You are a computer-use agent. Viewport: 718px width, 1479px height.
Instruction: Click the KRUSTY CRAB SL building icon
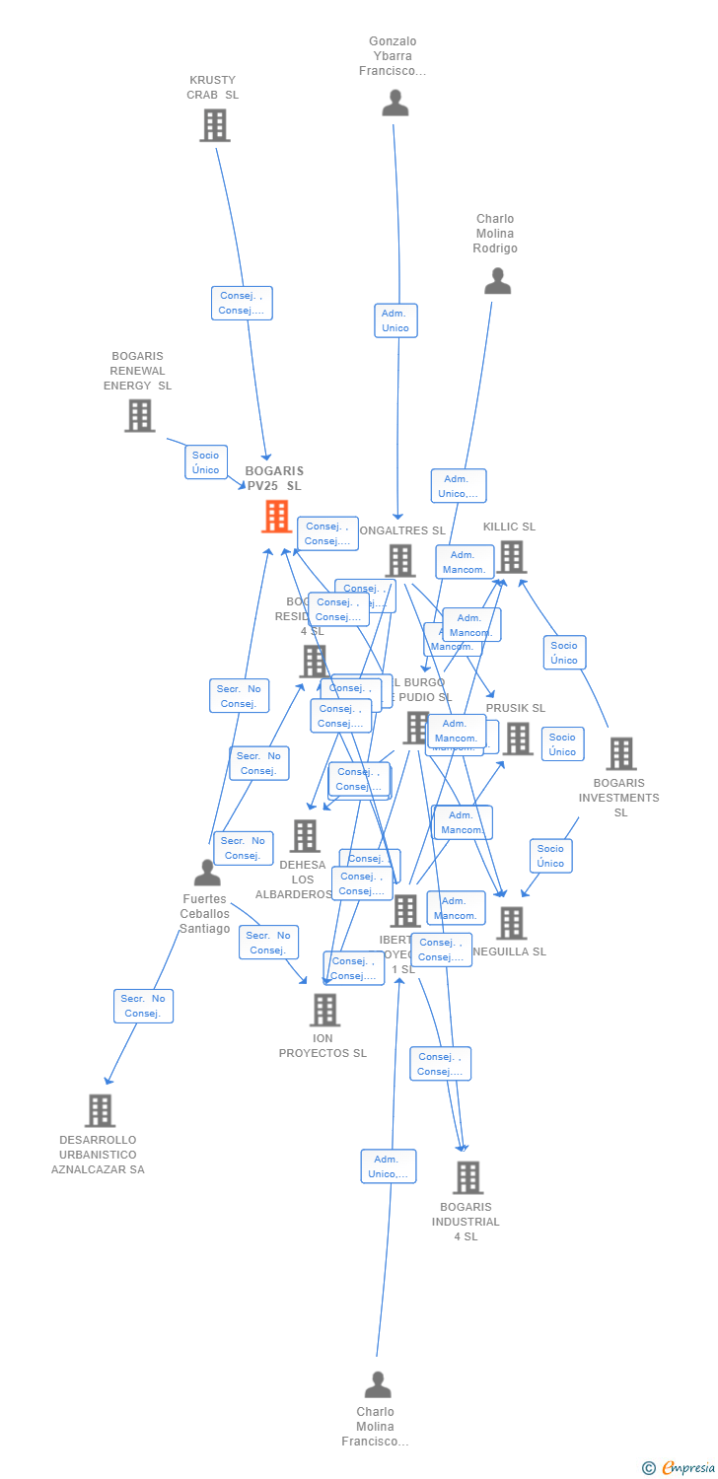(214, 125)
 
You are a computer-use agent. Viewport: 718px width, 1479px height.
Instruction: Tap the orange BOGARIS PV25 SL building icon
(276, 516)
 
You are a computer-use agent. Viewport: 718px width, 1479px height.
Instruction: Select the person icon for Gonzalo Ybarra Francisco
(395, 103)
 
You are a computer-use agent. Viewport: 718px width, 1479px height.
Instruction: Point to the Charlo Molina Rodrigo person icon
(497, 281)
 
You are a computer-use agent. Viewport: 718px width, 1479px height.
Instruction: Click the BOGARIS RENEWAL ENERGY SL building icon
(139, 415)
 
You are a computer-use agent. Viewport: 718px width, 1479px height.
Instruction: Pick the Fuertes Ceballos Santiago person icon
(207, 873)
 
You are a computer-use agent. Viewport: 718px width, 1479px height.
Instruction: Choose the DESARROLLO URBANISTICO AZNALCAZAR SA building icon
(99, 1110)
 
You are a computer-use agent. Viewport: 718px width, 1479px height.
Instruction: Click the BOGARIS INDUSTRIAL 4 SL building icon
(467, 1176)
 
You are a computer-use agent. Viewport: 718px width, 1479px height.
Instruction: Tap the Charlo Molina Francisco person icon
(377, 1384)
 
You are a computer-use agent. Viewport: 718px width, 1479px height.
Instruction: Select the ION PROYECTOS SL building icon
(324, 1010)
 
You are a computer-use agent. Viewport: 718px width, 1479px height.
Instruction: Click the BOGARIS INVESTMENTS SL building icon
(620, 753)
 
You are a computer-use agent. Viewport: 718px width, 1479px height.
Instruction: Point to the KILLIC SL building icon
(511, 556)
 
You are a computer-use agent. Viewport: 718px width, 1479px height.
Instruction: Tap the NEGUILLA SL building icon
(511, 923)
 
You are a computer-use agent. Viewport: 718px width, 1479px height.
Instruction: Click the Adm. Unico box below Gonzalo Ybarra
(395, 320)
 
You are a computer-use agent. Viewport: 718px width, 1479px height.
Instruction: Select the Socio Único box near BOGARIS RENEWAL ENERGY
(206, 461)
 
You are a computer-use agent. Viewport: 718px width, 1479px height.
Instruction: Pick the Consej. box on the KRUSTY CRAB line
(242, 303)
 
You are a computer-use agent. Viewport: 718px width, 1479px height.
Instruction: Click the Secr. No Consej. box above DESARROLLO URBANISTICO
(143, 1006)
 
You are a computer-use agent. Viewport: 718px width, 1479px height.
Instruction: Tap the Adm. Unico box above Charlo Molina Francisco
(389, 1166)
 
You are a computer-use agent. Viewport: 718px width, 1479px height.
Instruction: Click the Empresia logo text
(687, 1468)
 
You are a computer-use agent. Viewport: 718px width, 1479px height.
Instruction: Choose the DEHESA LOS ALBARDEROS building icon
(305, 836)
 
